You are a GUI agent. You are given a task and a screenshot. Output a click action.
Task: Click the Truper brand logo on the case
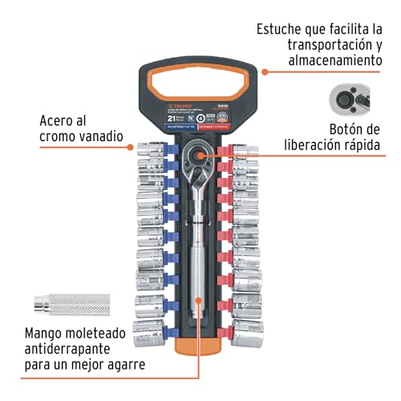(173, 104)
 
